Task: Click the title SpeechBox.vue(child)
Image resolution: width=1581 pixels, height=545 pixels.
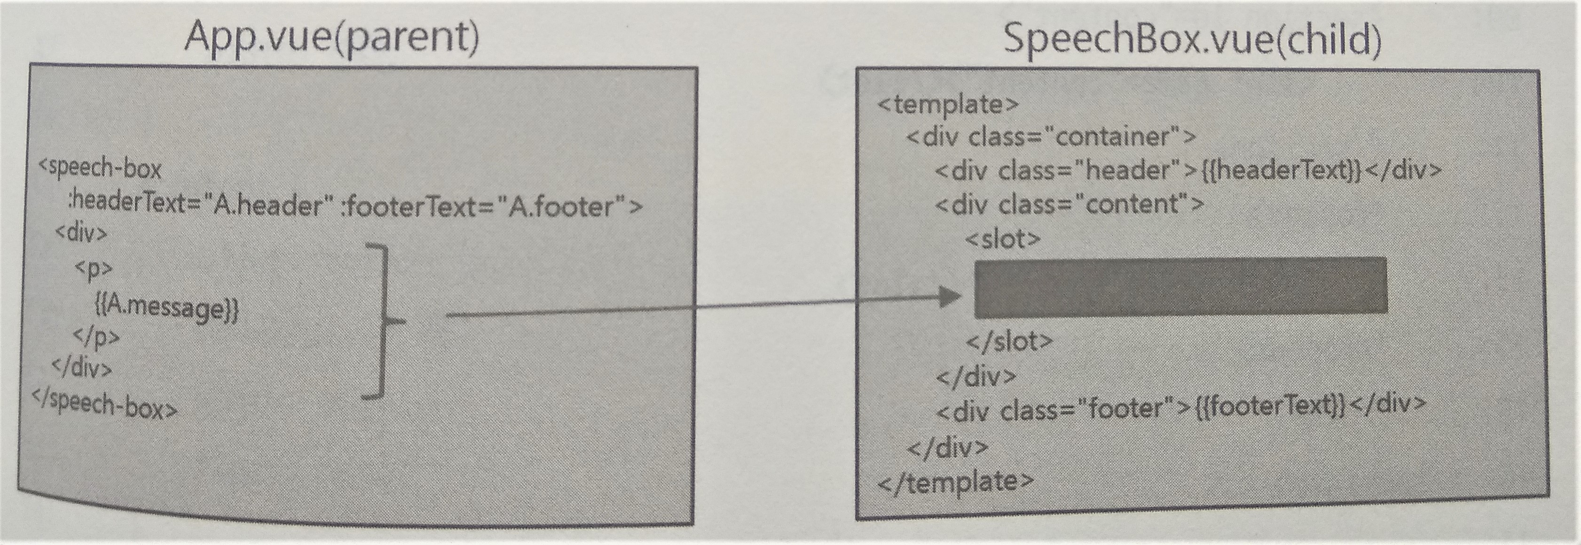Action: [x=1192, y=39]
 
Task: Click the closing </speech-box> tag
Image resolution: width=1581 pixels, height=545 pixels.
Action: [x=105, y=405]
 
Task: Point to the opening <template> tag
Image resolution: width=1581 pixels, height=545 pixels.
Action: [x=948, y=104]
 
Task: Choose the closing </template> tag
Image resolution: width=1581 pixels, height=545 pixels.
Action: [x=956, y=482]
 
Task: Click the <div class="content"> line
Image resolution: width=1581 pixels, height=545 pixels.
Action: [x=1069, y=204]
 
